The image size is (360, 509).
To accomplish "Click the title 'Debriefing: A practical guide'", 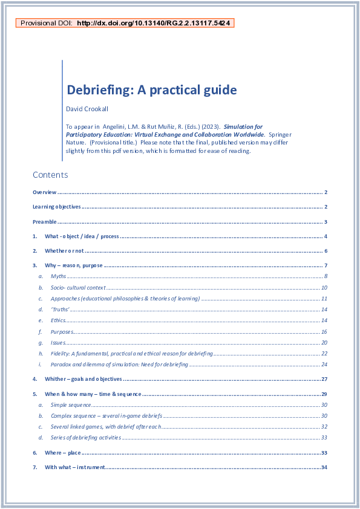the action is tap(151, 90).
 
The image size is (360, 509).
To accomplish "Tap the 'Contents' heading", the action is tap(50, 175).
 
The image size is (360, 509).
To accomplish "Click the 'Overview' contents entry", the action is tap(44, 192).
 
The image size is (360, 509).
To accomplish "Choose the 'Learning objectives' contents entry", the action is tap(56, 207).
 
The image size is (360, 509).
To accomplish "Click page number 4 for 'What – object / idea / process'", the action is tap(326, 236).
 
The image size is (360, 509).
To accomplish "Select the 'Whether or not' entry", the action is tap(64, 251).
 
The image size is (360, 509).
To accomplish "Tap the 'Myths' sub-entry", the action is tap(58, 276).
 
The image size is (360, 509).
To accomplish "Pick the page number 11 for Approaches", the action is tap(324, 299).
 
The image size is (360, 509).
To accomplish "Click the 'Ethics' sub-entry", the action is tap(59, 320).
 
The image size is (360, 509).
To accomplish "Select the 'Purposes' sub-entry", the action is tap(62, 331).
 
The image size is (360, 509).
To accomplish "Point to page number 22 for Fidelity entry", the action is tap(324, 354).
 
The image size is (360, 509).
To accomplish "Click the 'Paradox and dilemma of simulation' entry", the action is tap(119, 365).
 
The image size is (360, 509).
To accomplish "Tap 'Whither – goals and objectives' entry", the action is tap(83, 379).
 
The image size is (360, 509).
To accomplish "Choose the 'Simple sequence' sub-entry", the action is tap(67, 405).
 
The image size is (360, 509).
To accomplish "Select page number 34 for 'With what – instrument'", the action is tap(324, 467).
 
